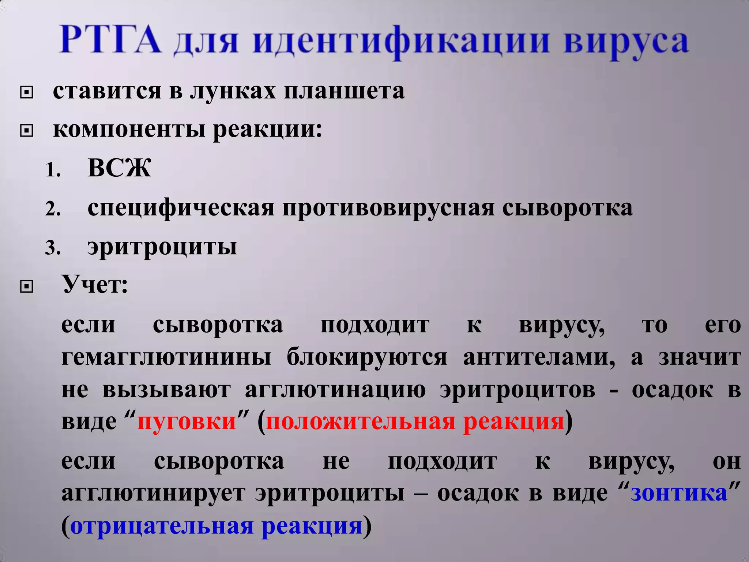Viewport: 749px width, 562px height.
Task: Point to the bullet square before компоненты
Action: click(26, 131)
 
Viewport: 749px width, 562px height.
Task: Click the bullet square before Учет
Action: click(26, 287)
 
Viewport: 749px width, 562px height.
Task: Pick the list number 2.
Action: click(53, 209)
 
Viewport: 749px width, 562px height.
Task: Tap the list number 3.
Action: click(53, 248)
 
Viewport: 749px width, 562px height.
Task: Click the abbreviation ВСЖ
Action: click(119, 168)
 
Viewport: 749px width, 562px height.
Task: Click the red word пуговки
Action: click(187, 421)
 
